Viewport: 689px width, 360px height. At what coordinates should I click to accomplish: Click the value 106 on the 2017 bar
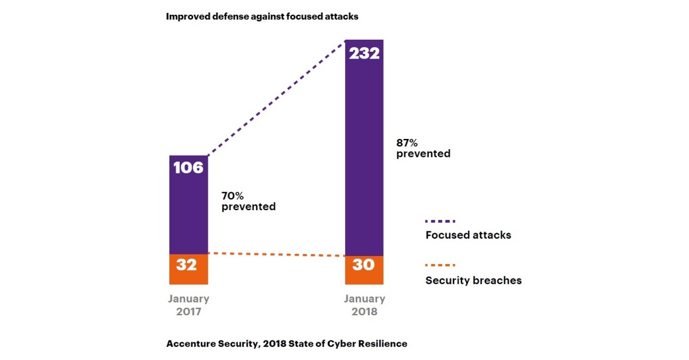[188, 168]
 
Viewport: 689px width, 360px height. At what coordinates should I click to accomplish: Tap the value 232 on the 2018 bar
[364, 53]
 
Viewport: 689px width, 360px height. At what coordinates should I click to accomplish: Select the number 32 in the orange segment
[187, 265]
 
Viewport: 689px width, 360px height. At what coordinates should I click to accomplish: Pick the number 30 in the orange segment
[363, 265]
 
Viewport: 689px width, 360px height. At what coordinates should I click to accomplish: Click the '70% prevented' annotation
[248, 201]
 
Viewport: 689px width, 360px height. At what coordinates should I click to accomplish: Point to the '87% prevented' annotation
[423, 148]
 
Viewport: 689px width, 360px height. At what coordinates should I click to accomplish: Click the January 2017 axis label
[188, 305]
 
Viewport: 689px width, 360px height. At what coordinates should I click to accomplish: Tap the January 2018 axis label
[364, 305]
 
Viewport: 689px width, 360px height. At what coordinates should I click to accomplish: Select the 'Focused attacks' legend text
[468, 235]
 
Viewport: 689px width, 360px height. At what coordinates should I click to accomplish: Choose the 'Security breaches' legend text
[473, 281]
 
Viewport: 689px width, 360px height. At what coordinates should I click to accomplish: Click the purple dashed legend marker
[440, 220]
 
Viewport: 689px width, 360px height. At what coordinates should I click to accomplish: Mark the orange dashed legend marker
[440, 265]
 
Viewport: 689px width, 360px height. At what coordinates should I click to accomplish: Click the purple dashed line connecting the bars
[276, 98]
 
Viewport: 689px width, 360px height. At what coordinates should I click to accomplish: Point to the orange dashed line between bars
[276, 254]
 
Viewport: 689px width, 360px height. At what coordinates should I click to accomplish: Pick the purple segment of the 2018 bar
[364, 155]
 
